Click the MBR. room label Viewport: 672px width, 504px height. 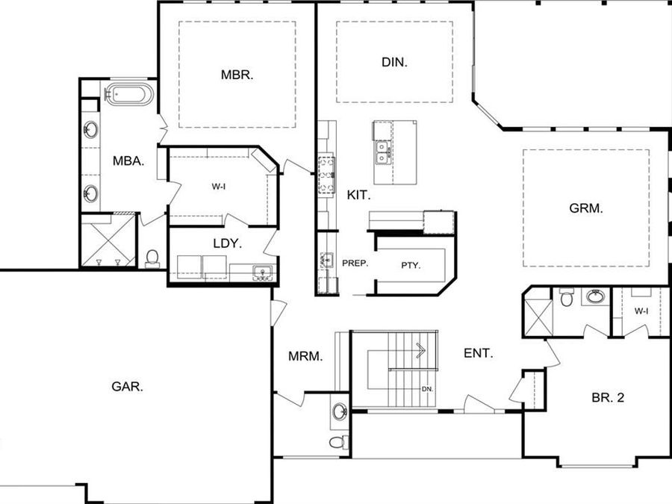point(237,75)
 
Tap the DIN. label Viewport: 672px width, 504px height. point(394,63)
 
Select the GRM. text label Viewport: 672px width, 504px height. point(586,209)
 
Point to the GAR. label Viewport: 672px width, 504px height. point(127,386)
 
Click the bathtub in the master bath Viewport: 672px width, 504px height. point(129,95)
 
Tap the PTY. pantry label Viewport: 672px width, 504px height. point(411,264)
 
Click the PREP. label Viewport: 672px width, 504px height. point(355,264)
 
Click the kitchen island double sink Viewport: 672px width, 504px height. point(383,152)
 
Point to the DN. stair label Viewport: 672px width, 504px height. point(427,389)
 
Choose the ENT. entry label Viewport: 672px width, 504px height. point(478,353)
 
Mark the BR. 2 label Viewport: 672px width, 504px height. point(607,398)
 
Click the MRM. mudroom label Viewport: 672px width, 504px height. point(305,357)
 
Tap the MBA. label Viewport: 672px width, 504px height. point(128,160)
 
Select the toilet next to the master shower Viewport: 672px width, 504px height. point(153,258)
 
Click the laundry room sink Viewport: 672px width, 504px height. point(261,271)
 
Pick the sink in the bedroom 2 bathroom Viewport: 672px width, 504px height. point(595,297)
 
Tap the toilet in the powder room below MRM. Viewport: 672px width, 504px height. point(338,442)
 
